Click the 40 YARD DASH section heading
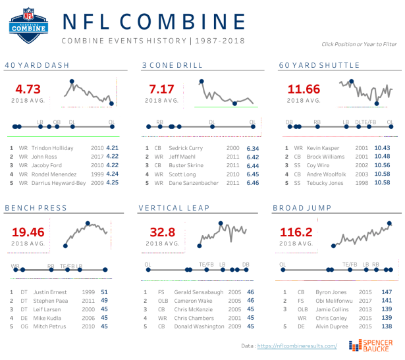(x=37, y=65)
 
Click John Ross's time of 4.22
(x=112, y=157)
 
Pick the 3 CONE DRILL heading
(x=169, y=65)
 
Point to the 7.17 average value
(x=162, y=89)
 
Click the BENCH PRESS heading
(x=36, y=208)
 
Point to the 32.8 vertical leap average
(x=162, y=232)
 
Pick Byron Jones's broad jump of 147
(x=388, y=292)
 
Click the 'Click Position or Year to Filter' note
(x=359, y=44)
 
